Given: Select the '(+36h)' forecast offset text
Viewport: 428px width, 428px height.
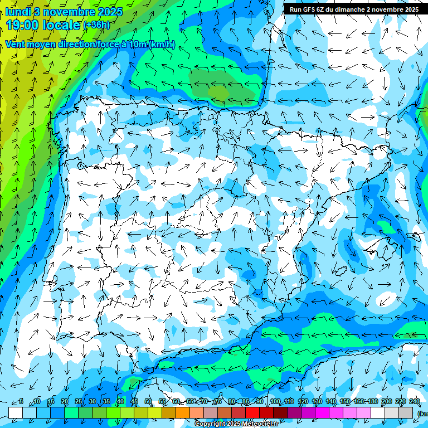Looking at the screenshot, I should tap(96, 25).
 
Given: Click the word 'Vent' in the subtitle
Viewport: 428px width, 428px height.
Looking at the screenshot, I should tap(15, 45).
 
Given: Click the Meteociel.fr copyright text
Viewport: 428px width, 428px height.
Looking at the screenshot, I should tap(236, 424).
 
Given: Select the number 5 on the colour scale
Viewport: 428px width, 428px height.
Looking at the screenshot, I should tap(21, 401).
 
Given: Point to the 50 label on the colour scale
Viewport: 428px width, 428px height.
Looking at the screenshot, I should tap(148, 401).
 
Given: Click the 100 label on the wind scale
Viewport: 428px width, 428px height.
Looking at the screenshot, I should tap(275, 401).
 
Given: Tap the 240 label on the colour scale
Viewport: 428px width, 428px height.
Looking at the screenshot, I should tap(415, 401).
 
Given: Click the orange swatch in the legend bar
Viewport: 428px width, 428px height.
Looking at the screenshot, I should tap(183, 412).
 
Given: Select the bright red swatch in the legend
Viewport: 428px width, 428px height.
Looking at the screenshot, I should tap(252, 412).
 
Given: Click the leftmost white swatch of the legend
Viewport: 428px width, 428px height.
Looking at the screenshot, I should tap(16, 412).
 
